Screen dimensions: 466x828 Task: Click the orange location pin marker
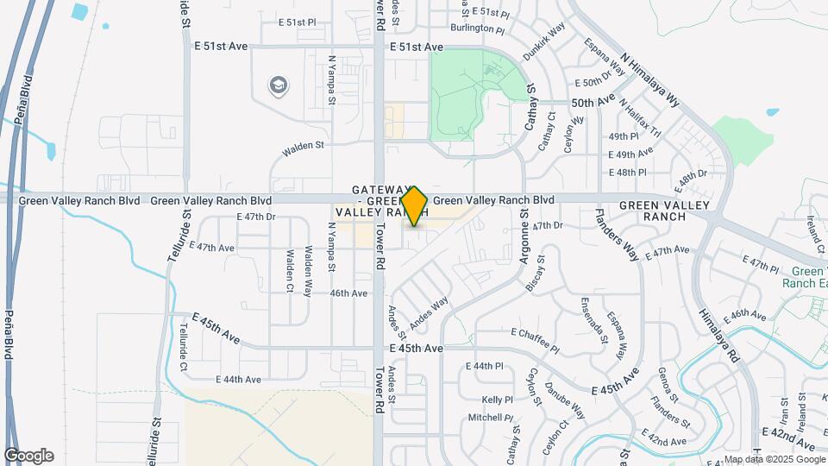[x=415, y=206]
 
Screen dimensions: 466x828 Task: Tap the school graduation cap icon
[x=279, y=85]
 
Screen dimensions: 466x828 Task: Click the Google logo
[x=28, y=456]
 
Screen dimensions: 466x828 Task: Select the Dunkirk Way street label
[x=544, y=40]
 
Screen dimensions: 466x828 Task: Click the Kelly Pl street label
[x=498, y=400]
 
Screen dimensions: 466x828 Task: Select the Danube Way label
[x=564, y=403]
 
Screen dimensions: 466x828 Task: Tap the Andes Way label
[x=430, y=313]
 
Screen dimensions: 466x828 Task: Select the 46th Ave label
[x=349, y=293]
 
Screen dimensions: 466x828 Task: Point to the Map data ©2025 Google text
[x=774, y=459]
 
